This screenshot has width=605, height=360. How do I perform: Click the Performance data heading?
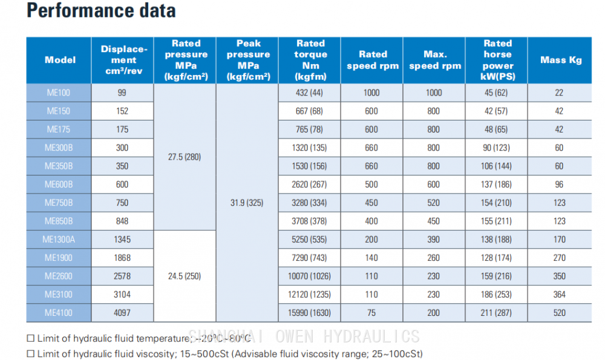[102, 11]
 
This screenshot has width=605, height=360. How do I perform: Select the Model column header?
[60, 60]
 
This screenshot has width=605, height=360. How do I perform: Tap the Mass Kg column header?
[560, 60]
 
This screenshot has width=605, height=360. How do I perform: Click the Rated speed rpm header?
[373, 60]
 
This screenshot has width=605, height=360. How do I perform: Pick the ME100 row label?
[59, 93]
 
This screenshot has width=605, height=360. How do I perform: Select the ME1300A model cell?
[59, 240]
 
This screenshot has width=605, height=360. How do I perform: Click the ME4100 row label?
[59, 313]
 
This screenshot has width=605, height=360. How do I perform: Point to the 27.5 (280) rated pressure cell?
[185, 157]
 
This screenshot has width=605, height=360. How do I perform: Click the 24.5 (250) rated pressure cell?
[185, 276]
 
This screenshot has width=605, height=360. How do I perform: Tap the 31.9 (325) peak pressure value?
[247, 203]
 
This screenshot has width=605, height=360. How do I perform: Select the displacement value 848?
[122, 221]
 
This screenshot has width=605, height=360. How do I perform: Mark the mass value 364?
[560, 295]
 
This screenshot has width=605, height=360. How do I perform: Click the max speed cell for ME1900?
[434, 258]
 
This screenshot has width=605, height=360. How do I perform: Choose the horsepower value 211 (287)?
[496, 313]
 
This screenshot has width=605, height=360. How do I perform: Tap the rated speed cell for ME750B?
[371, 203]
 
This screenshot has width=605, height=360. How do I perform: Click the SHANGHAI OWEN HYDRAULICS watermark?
[304, 336]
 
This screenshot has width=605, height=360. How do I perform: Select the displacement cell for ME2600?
[122, 276]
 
